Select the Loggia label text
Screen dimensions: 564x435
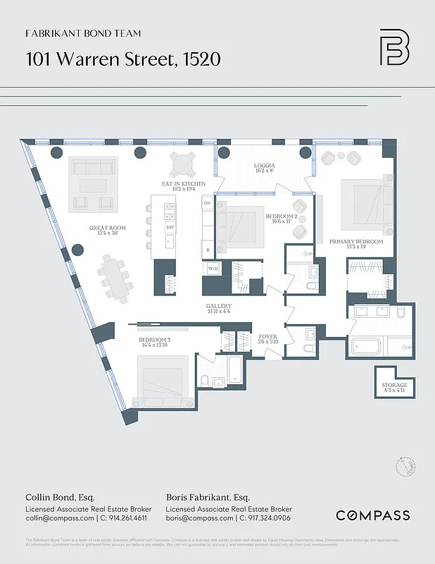pos(265,167)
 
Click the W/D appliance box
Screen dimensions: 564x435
pos(212,268)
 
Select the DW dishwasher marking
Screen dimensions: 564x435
pos(170,228)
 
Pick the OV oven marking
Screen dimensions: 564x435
pos(207,203)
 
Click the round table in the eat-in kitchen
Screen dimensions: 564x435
pos(183,166)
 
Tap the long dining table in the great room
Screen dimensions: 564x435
pos(114,275)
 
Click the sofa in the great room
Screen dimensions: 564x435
pos(93,168)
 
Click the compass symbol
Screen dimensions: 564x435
pos(404,467)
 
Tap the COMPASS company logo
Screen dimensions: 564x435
pos(372,515)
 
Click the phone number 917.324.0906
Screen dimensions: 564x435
pos(266,518)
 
